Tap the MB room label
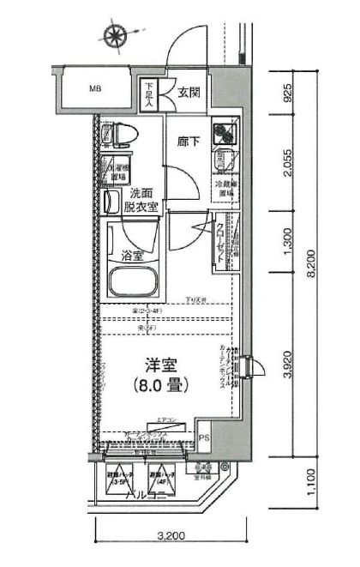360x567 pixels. (x=95, y=88)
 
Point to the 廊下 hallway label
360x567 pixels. (x=189, y=142)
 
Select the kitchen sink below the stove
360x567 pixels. (x=225, y=160)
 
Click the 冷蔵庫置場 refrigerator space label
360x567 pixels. (x=225, y=189)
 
